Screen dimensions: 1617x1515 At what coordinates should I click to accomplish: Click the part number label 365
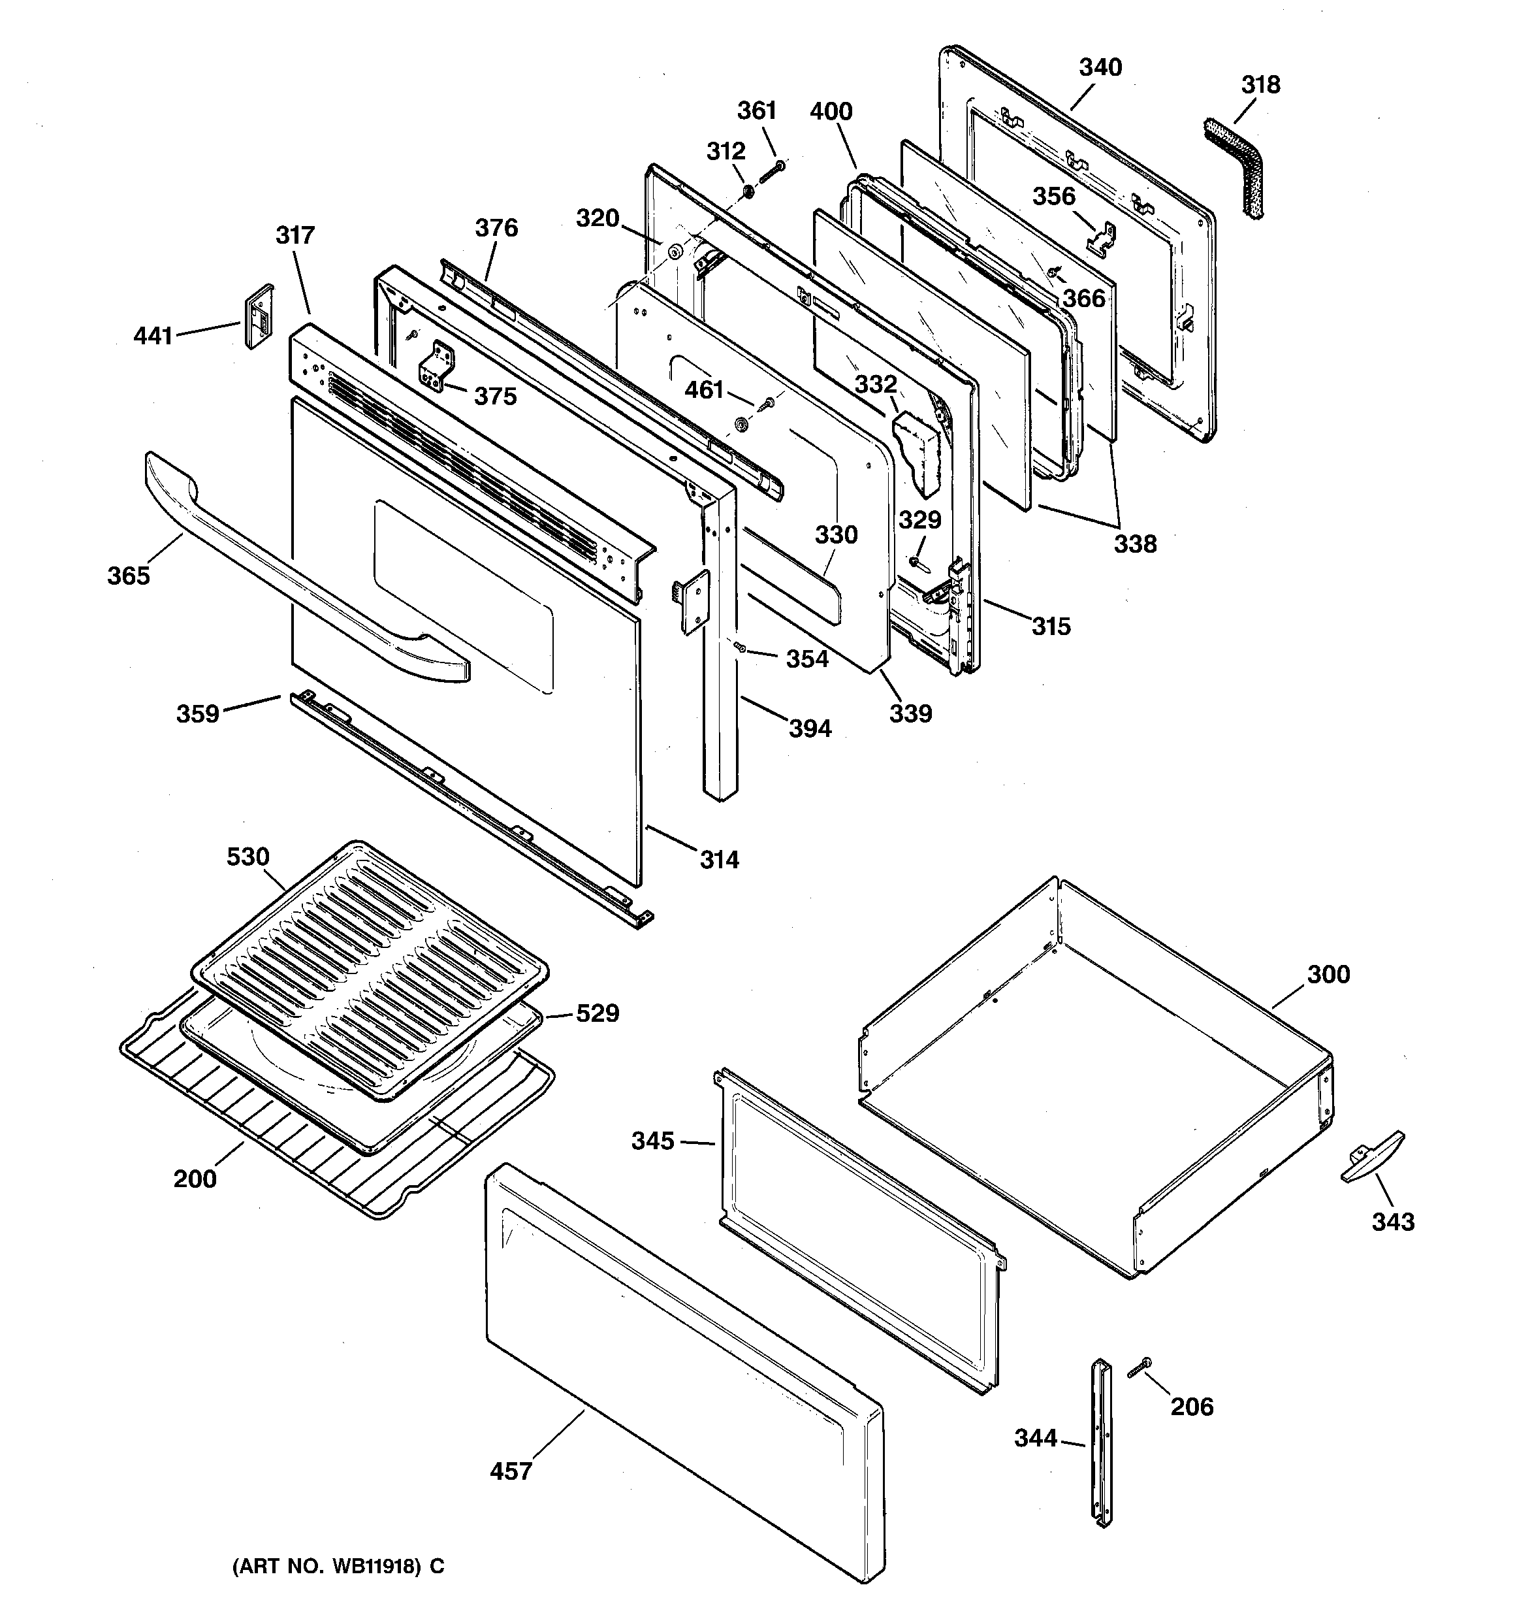(x=129, y=576)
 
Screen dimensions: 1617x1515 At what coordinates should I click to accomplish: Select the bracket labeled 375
(x=437, y=368)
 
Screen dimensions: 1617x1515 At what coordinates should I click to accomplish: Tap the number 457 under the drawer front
(x=511, y=1471)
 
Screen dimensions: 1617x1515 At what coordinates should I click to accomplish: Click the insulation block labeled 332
(x=916, y=449)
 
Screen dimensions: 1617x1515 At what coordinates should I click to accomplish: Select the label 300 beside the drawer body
(x=1328, y=973)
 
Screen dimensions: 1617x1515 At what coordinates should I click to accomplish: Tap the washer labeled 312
(x=746, y=193)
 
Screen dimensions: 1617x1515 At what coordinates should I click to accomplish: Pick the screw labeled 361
(x=773, y=173)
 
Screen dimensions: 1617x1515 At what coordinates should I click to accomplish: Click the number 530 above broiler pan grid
(x=248, y=857)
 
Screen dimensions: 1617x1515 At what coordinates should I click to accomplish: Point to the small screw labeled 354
(x=741, y=647)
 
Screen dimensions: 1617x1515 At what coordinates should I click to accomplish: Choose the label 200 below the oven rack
(x=195, y=1179)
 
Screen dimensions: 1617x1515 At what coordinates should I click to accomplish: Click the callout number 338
(x=1134, y=544)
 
